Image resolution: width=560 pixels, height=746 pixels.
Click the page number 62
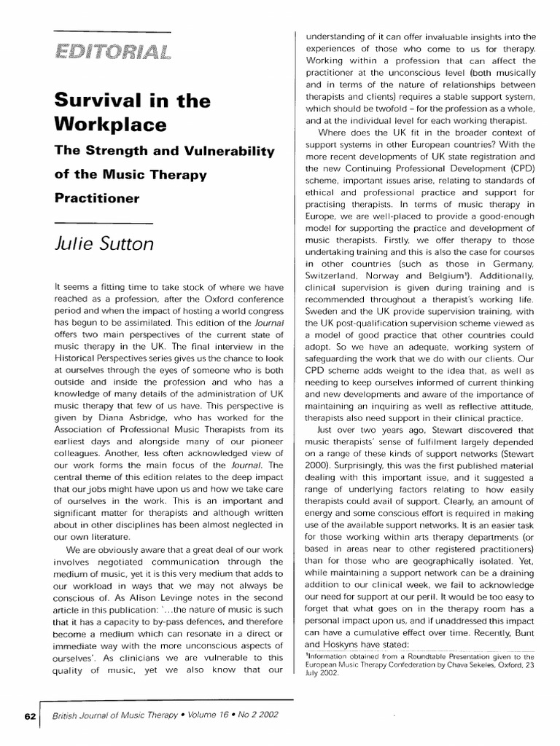tap(29, 716)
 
